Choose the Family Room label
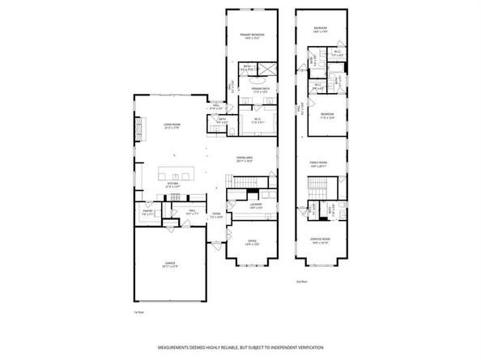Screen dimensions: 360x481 [x=319, y=164]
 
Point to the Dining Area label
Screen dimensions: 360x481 [x=245, y=159]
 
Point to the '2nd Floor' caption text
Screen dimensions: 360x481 [x=301, y=281]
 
